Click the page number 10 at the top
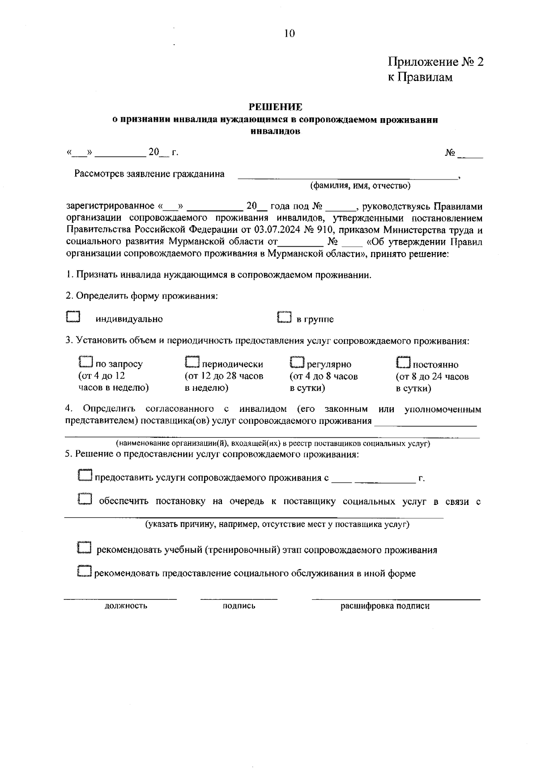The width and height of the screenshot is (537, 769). click(x=289, y=34)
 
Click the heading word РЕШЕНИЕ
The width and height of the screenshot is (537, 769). click(x=275, y=107)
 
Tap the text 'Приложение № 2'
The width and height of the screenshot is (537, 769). click(x=435, y=62)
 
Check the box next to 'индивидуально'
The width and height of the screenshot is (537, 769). click(x=72, y=317)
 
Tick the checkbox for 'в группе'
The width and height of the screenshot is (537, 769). click(x=284, y=317)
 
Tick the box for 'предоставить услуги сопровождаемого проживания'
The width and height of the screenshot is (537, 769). click(x=85, y=475)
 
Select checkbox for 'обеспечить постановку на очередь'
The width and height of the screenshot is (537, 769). click(x=85, y=500)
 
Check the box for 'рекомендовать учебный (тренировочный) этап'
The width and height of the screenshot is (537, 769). click(x=85, y=548)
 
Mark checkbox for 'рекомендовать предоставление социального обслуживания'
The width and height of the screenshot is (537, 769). click(x=85, y=572)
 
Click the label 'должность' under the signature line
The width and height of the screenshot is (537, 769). click(x=126, y=606)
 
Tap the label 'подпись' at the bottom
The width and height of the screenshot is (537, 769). click(x=239, y=606)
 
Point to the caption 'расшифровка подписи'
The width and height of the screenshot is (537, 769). click(x=385, y=606)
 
